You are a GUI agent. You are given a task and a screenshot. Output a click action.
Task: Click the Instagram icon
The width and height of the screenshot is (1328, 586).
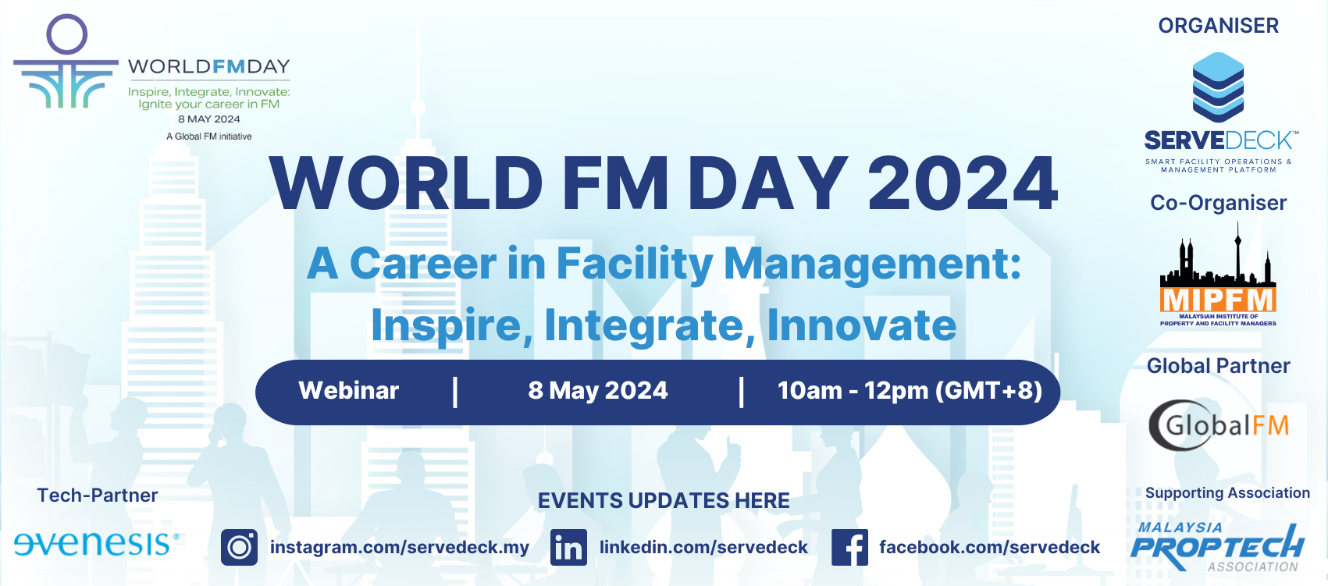coord(239,547)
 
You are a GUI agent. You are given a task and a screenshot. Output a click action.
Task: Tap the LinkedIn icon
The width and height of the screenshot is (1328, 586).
coord(568,547)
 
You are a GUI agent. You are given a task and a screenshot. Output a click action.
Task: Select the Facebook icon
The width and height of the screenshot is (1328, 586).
coord(849,547)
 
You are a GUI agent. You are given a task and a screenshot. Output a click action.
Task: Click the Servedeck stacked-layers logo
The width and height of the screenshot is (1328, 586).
coord(1219,87)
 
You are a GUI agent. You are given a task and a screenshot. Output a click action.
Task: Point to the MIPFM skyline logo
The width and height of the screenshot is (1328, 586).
coord(1218,275)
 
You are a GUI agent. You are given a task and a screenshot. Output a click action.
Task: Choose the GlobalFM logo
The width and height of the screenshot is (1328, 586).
coord(1219,424)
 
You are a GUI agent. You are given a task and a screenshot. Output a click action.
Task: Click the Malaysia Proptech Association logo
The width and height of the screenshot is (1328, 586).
coord(1218,547)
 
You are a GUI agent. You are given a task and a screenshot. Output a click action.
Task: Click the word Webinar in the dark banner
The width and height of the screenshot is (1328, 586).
coord(349,390)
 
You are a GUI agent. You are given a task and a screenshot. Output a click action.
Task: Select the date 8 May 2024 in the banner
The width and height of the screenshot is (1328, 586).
coord(597,390)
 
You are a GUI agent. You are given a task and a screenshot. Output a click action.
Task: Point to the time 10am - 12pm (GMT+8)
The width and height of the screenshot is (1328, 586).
coord(910,390)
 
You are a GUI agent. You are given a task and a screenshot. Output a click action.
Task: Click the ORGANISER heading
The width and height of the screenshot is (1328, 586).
coord(1219,26)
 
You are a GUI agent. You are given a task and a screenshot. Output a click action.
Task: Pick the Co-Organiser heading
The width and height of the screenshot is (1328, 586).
coord(1219,203)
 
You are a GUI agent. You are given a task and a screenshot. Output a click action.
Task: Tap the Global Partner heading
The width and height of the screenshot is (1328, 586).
coord(1219,366)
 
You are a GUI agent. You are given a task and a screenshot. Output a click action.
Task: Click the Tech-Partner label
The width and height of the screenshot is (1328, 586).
coord(98,495)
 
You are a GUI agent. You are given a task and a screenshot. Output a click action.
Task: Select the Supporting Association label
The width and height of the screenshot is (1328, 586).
coord(1227,493)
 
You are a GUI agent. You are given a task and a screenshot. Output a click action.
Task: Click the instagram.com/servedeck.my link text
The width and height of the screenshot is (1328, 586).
coord(400,547)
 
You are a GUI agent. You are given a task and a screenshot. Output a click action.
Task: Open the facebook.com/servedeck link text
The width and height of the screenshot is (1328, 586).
coord(989,547)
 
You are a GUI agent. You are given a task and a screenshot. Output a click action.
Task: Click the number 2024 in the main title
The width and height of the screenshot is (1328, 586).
coord(963,183)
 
